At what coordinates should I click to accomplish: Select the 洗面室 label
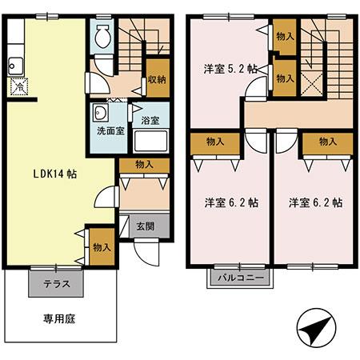(x=110, y=130)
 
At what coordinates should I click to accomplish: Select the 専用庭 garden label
(x=58, y=318)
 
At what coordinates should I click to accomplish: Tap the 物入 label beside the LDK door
(x=102, y=247)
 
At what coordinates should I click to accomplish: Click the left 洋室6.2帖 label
(x=230, y=202)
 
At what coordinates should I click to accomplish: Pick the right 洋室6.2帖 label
(x=316, y=202)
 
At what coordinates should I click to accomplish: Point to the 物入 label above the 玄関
(x=144, y=165)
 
